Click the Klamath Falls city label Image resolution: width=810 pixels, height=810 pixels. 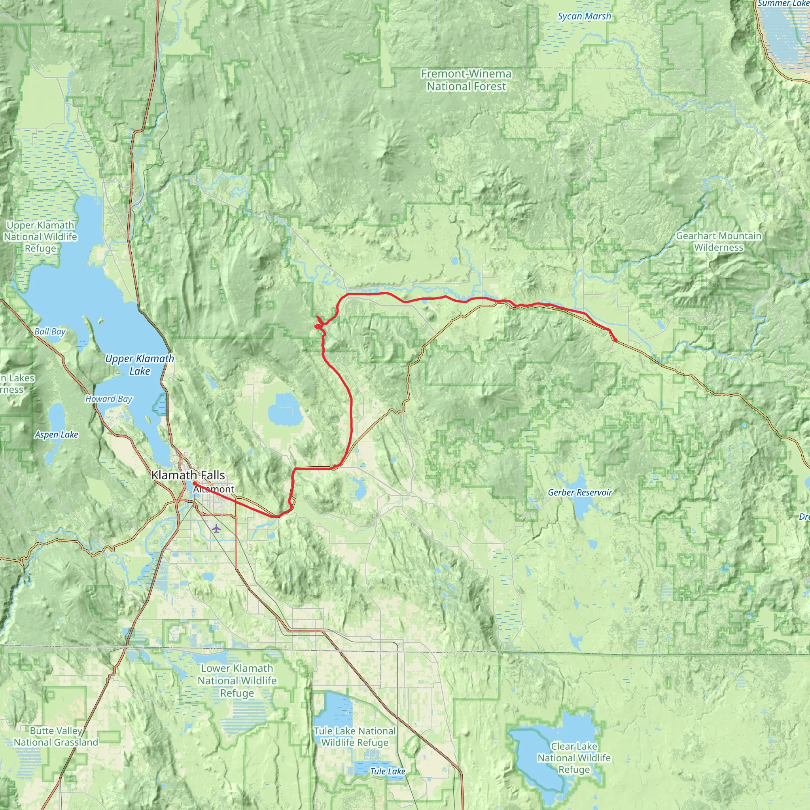188,475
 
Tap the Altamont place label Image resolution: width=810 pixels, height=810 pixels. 214,489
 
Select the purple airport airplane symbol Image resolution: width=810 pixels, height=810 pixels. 216,528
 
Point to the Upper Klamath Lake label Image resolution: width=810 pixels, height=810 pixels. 139,364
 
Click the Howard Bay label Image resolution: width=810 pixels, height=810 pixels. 109,399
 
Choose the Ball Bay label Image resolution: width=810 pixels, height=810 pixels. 50,331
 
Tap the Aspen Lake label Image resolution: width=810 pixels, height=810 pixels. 56,434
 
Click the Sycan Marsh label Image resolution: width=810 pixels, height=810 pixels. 584,16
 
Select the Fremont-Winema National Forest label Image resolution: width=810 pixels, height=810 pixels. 466,79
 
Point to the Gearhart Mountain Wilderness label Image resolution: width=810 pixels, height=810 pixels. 718,242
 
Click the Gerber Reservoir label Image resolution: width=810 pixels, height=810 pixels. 580,492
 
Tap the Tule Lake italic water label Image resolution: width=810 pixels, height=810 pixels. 387,771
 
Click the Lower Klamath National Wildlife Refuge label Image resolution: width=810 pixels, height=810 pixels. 237,680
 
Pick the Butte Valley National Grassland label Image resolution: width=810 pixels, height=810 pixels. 56,736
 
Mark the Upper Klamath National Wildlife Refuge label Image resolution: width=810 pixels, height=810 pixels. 40,237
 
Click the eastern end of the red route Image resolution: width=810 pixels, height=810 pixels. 615,341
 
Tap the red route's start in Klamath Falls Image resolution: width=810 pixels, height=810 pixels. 195,483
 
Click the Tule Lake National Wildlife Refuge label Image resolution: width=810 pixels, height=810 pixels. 355,736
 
